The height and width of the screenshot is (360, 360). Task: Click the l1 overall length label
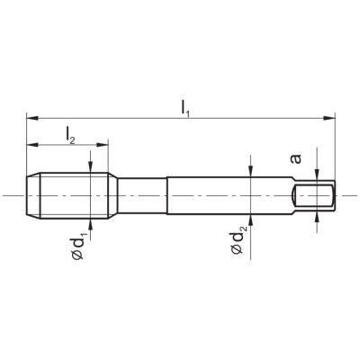[x=185, y=108]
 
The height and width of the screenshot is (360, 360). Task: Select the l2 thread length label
[x=70, y=135]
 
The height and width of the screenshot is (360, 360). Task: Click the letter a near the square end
[x=296, y=158]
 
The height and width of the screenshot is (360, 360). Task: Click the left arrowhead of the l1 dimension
[x=32, y=118]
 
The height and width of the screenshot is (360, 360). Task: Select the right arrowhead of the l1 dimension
[x=328, y=118]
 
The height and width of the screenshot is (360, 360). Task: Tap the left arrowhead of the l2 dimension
[x=32, y=145]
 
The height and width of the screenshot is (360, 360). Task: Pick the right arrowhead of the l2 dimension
[x=102, y=145]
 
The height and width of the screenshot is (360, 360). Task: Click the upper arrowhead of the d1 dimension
[x=90, y=166]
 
